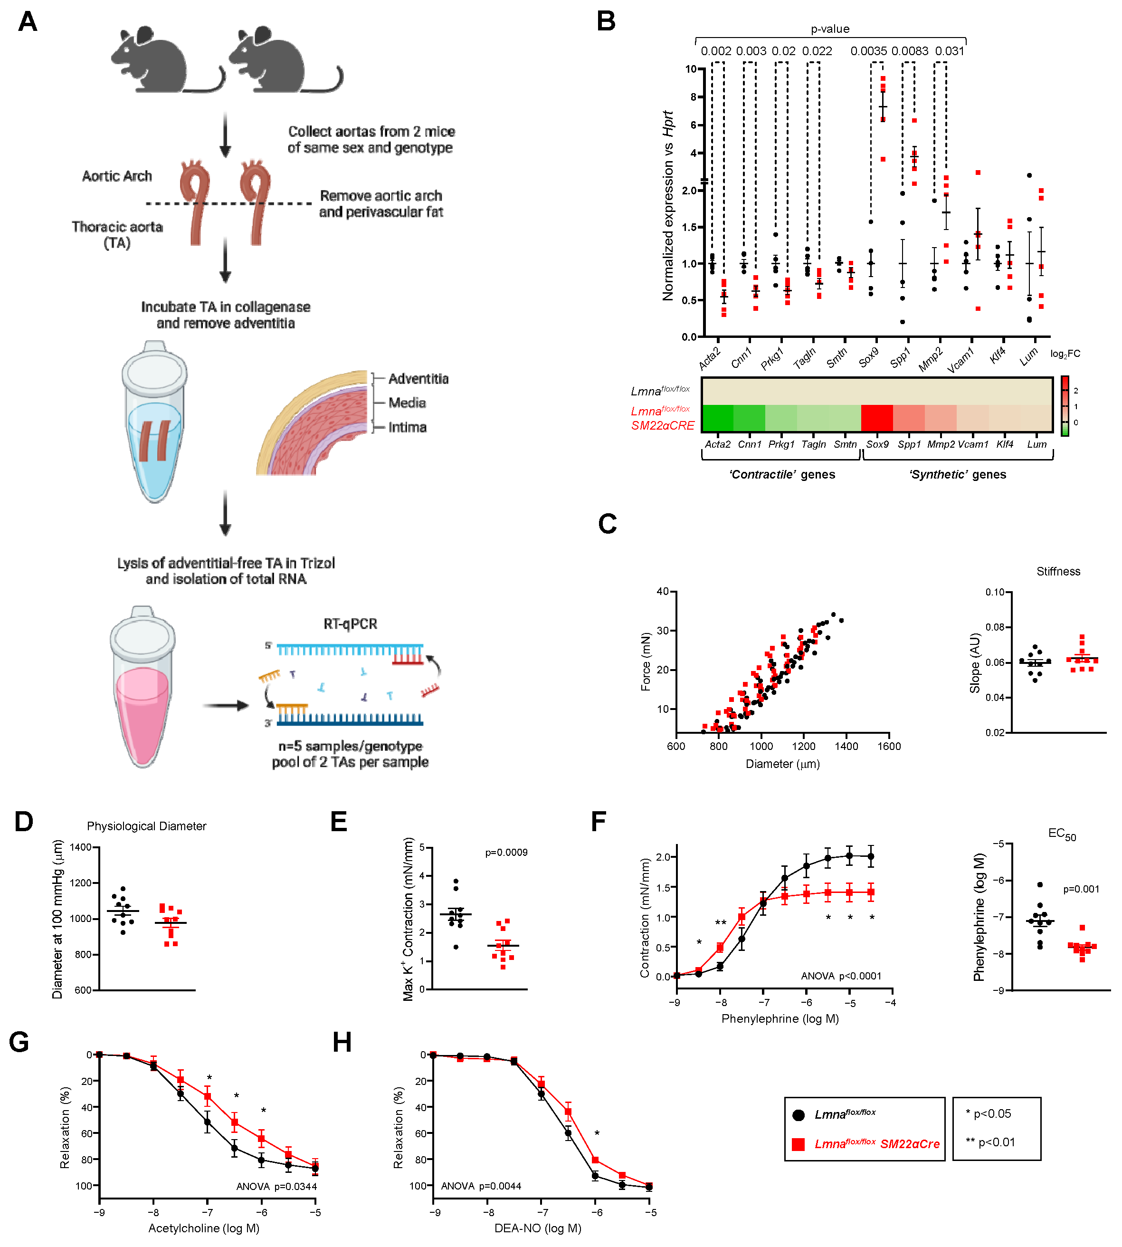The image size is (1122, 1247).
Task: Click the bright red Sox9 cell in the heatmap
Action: coord(876,418)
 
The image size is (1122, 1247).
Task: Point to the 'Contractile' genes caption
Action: coord(782,474)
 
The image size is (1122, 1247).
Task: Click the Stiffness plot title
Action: coord(1058,572)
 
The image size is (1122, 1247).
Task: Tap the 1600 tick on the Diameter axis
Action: coord(889,746)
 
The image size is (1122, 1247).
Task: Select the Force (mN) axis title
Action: coord(646,662)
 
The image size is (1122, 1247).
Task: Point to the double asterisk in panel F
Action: coord(720,922)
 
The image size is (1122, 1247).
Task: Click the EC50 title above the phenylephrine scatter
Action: coord(1062,835)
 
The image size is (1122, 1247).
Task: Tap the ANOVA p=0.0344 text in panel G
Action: coord(276,1187)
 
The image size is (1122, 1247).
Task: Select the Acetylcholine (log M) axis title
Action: coord(203,1228)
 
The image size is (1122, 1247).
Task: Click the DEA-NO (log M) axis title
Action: coord(538,1228)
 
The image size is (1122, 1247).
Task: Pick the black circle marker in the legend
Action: coord(799,1115)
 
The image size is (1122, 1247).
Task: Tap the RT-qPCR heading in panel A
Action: coord(350,624)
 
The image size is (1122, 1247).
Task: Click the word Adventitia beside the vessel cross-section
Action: coord(418,379)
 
